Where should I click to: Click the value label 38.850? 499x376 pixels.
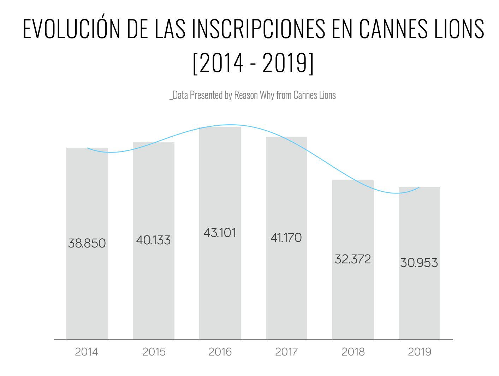87,243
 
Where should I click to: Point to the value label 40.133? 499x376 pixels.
153,240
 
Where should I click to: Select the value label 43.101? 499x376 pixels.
220,233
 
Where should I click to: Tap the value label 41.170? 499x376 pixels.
286,238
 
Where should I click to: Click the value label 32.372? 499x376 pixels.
353,259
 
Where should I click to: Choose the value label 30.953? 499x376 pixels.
419,263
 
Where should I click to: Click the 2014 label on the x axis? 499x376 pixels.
87,352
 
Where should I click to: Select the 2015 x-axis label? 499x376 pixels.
154,352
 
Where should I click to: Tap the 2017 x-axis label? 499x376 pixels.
286,352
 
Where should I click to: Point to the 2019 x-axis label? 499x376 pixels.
420,352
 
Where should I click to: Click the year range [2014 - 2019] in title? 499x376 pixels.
253,63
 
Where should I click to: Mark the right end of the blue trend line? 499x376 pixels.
419,187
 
